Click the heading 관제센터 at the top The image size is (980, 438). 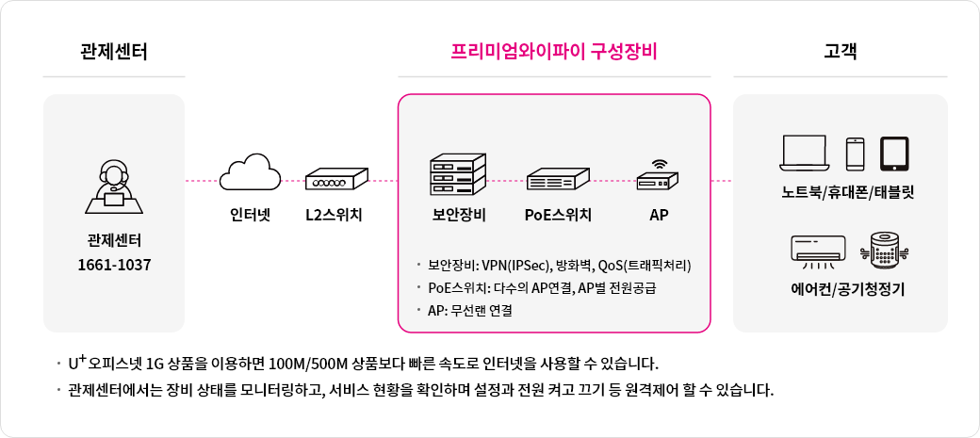point(113,51)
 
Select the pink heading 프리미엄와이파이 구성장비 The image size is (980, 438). point(554,51)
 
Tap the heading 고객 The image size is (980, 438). point(840,51)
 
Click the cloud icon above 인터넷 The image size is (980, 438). point(251,174)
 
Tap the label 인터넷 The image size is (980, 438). point(251,215)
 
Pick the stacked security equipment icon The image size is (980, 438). point(457,174)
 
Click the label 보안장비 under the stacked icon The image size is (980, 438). point(457,215)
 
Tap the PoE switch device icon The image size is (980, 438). point(558,179)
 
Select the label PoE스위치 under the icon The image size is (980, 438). point(558,215)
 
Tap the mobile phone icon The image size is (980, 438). point(855,153)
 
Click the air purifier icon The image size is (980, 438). point(885,248)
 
